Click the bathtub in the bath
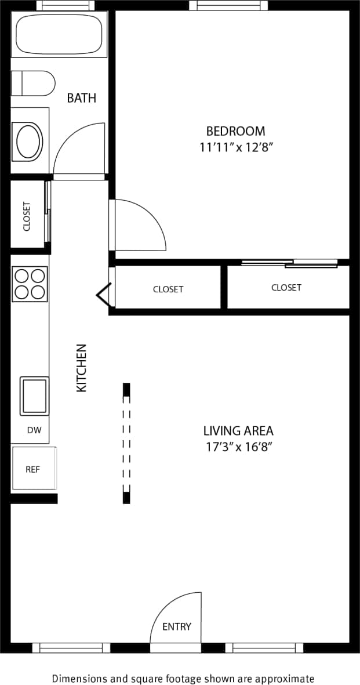pyautogui.click(x=59, y=35)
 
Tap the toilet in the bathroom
pyautogui.click(x=33, y=83)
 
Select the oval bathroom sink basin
pyautogui.click(x=28, y=141)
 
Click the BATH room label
pyautogui.click(x=81, y=98)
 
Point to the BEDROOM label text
pyautogui.click(x=235, y=131)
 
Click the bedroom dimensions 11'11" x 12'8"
pyautogui.click(x=235, y=147)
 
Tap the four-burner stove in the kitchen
pyautogui.click(x=30, y=283)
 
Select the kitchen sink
pyautogui.click(x=35, y=396)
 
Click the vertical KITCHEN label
pyautogui.click(x=82, y=368)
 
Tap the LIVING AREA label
pyautogui.click(x=238, y=431)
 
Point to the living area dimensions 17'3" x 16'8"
pyautogui.click(x=238, y=447)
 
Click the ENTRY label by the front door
pyautogui.click(x=176, y=626)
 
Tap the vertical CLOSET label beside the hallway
pyautogui.click(x=27, y=216)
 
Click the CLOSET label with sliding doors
pyautogui.click(x=286, y=288)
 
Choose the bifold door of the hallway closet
pyautogui.click(x=104, y=295)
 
